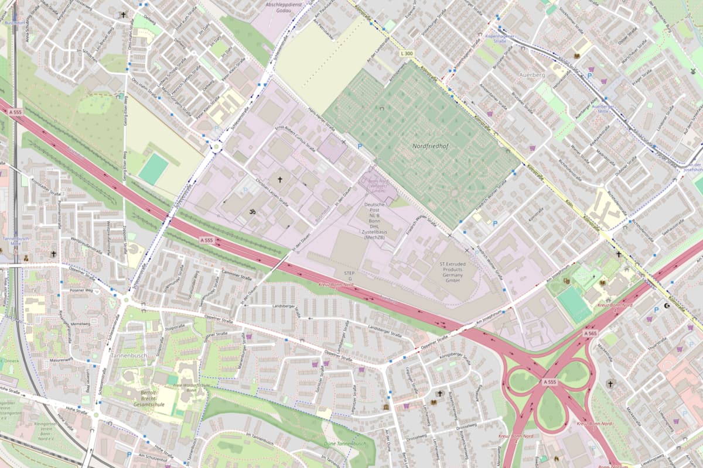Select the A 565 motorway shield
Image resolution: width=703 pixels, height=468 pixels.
(x=589, y=333)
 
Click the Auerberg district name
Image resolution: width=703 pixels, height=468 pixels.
(x=531, y=75)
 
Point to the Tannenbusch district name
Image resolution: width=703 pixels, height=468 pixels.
(x=128, y=355)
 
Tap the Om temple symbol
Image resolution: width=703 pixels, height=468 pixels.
(x=254, y=211)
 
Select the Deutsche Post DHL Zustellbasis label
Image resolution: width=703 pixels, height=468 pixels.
(x=374, y=221)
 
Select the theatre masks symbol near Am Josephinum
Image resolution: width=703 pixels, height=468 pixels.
(x=567, y=281)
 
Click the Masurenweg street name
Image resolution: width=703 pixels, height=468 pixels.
(x=60, y=359)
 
